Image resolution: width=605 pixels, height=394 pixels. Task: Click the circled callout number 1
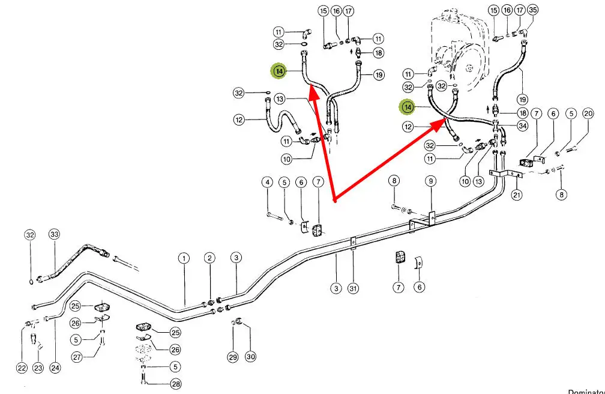click(184, 258)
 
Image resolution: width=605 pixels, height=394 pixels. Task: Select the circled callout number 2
click(209, 258)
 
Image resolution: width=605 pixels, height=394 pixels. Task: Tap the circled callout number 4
click(267, 181)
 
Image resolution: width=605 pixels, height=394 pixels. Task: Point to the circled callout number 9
click(430, 181)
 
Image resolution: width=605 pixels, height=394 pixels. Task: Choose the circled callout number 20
click(588, 114)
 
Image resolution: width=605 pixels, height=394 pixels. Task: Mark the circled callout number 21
click(517, 195)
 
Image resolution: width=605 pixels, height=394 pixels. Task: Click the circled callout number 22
click(22, 368)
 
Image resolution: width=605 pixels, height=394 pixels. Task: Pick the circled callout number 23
click(38, 368)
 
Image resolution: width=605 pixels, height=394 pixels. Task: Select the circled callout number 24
click(55, 368)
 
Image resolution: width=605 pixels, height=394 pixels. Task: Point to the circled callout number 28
click(175, 384)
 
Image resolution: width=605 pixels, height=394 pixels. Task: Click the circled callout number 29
click(233, 357)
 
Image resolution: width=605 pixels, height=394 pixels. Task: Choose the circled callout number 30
click(250, 357)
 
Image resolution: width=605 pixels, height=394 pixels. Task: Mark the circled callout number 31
click(353, 289)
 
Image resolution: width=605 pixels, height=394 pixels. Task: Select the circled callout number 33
click(55, 234)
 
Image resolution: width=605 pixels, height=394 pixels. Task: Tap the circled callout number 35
click(532, 10)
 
